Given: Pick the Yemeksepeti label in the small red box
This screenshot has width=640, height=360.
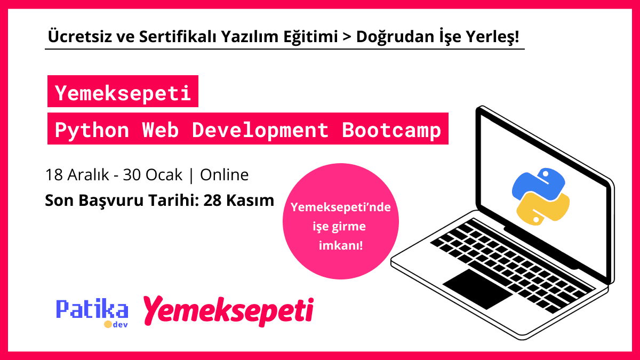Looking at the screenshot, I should (123, 94).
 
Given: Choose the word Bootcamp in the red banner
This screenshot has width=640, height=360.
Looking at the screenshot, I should (392, 130).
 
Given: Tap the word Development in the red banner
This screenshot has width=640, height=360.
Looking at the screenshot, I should (260, 130).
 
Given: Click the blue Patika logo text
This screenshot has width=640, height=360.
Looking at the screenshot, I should (92, 309).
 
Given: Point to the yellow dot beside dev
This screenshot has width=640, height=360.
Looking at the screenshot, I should (107, 324).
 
